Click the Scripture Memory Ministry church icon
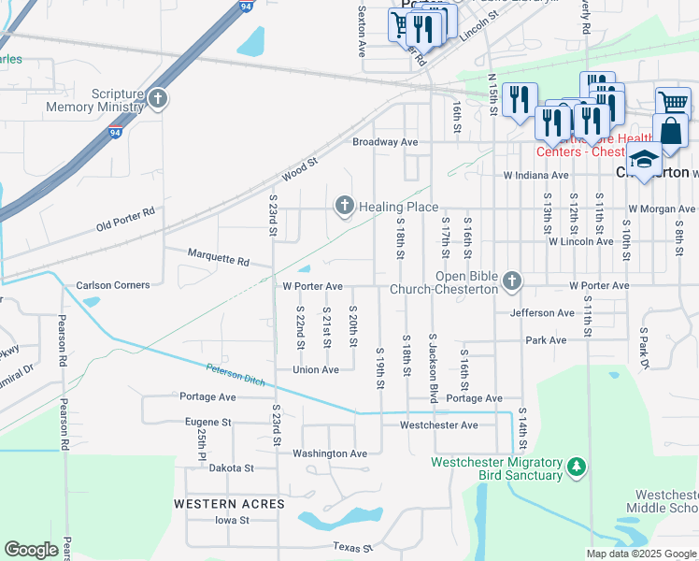(157, 98)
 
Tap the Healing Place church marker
(345, 205)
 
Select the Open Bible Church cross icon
(511, 280)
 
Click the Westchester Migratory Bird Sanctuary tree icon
(577, 466)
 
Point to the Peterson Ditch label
(235, 376)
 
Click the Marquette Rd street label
(219, 256)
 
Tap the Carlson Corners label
(112, 285)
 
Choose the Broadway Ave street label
(385, 142)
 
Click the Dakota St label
(232, 467)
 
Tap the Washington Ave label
(330, 453)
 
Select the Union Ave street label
(316, 370)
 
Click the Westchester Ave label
(438, 425)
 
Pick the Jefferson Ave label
(542, 313)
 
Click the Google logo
(31, 550)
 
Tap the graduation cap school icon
(644, 161)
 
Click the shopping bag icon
(670, 131)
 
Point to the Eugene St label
(207, 423)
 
